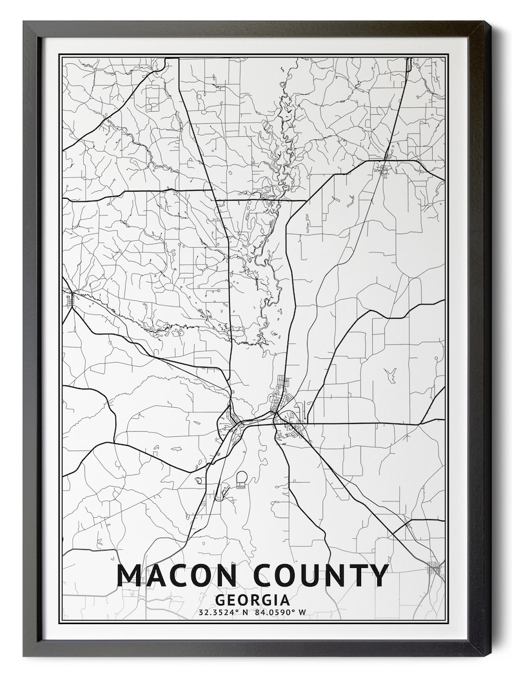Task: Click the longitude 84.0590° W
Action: pos(282,612)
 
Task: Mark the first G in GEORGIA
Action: pos(221,600)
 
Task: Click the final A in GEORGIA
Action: pos(284,600)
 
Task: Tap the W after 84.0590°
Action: pos(302,612)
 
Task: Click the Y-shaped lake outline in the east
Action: pos(390,374)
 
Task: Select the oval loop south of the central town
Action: pos(241,479)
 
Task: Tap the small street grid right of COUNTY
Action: pos(434,569)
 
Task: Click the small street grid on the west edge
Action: pos(68,300)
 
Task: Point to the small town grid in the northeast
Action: pos(384,170)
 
